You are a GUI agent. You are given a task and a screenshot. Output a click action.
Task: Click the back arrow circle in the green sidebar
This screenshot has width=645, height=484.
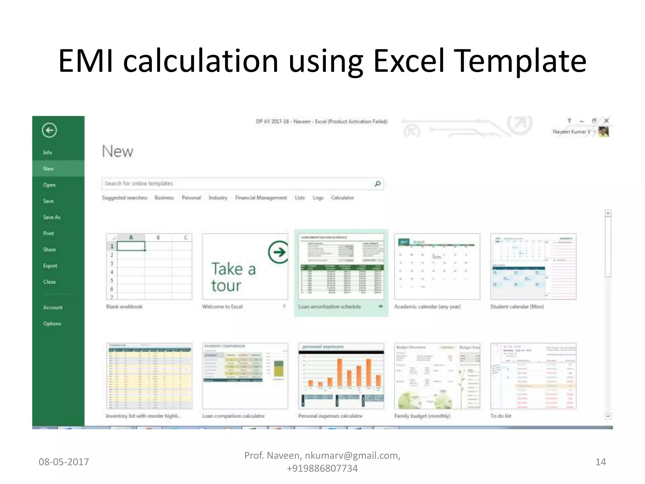[x=49, y=130]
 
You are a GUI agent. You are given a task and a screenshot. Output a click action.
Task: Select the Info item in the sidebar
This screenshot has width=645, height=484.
[x=48, y=153]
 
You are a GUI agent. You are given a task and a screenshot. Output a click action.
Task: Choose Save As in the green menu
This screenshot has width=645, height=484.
[x=52, y=217]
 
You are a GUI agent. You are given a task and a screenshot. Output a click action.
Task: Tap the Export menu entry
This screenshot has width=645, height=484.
[x=50, y=266]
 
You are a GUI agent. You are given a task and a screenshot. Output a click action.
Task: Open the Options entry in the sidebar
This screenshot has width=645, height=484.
[x=52, y=324]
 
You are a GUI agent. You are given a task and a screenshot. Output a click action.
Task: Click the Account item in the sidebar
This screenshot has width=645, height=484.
[x=53, y=307]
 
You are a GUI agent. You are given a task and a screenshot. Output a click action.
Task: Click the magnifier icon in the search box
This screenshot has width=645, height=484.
[x=377, y=184]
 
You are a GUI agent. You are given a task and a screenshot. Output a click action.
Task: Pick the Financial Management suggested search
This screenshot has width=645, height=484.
[x=261, y=198]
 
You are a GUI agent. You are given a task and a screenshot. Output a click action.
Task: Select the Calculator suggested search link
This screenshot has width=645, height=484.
[x=342, y=198]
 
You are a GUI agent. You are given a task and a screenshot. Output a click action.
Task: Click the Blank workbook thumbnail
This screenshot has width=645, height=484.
[x=149, y=267]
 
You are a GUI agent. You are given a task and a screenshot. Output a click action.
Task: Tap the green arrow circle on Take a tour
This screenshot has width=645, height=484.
[x=278, y=252]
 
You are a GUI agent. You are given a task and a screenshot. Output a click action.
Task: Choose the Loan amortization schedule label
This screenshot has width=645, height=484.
[x=329, y=307]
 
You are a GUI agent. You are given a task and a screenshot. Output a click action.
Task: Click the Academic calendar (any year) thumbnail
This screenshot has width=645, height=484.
[x=437, y=267]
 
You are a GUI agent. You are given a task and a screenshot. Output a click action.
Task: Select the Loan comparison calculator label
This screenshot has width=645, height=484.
[x=233, y=416]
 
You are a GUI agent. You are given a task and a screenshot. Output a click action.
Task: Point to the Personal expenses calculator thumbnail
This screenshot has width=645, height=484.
[x=341, y=376]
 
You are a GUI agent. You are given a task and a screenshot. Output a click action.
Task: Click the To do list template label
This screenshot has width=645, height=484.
[x=501, y=416]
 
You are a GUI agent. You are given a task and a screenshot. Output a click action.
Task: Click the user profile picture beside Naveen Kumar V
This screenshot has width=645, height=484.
[x=603, y=132]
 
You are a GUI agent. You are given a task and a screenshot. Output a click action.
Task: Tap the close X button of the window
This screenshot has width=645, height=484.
[x=606, y=121]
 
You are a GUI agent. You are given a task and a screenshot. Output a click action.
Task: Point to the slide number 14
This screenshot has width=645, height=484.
[x=600, y=462]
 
